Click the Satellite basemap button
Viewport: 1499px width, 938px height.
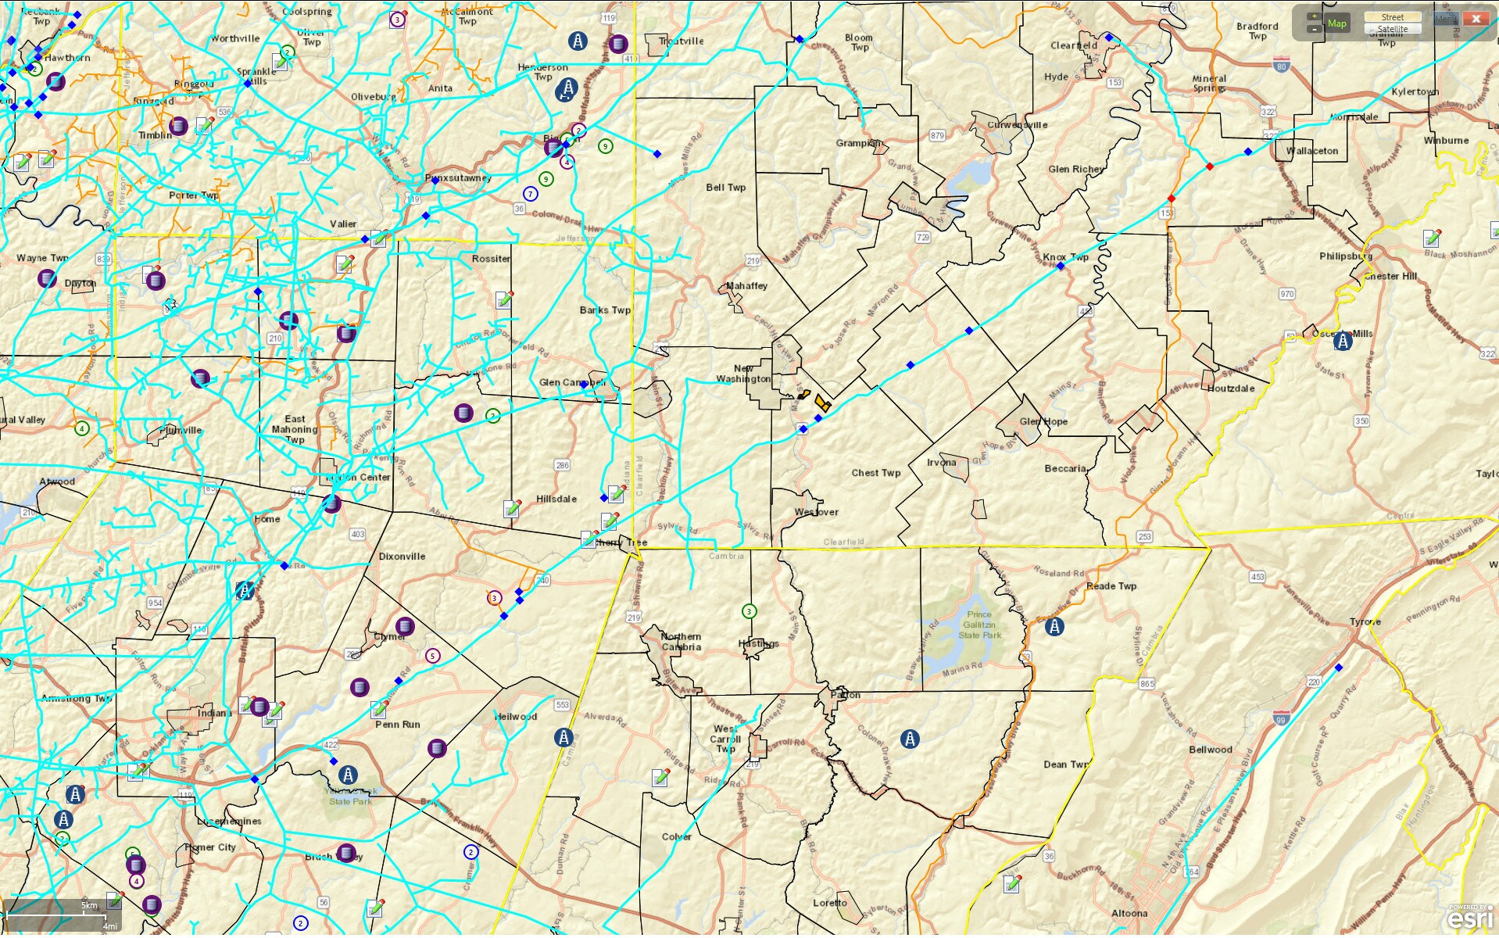[x=1392, y=29]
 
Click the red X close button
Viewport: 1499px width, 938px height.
[x=1476, y=19]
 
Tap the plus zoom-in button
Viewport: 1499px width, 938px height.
[x=1314, y=16]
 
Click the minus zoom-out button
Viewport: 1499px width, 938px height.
[x=1314, y=29]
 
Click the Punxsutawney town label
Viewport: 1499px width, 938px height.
[x=458, y=178]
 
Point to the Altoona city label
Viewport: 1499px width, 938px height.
[x=1129, y=913]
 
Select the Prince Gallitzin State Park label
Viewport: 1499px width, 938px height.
[x=981, y=625]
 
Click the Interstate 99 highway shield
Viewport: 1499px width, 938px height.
[x=1280, y=719]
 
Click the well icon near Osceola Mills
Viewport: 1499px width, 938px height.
[x=1343, y=341]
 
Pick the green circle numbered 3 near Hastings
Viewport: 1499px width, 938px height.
[x=749, y=611]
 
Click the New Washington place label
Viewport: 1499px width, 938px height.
[x=743, y=374]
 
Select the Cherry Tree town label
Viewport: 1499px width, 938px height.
[x=622, y=542]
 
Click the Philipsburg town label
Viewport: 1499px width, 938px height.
[x=1345, y=256]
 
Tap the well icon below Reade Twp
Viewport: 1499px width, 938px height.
[x=1054, y=626]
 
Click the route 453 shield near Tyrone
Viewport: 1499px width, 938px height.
[x=1258, y=577]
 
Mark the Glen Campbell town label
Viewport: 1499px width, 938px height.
[x=572, y=382]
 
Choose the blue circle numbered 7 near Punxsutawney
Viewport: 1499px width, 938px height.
[x=531, y=194]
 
